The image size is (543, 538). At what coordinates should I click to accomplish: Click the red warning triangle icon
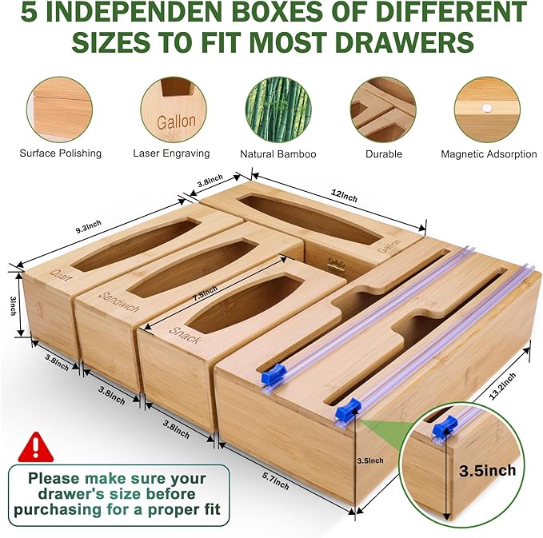point(32,444)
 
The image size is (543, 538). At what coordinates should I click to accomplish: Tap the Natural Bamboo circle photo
point(277,109)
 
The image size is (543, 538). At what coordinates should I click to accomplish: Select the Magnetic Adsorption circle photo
point(488,109)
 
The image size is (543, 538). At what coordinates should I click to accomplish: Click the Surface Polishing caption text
point(61,153)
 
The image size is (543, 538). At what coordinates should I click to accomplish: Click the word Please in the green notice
point(54,478)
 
